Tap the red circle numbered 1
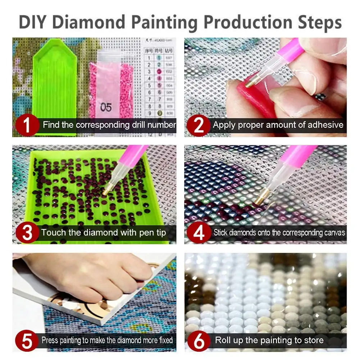(x=27, y=124)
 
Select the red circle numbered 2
(x=198, y=124)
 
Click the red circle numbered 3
(x=27, y=232)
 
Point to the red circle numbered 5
(x=27, y=340)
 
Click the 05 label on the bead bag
(x=106, y=107)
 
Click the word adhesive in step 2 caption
(x=325, y=125)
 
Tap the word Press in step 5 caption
(x=50, y=340)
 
